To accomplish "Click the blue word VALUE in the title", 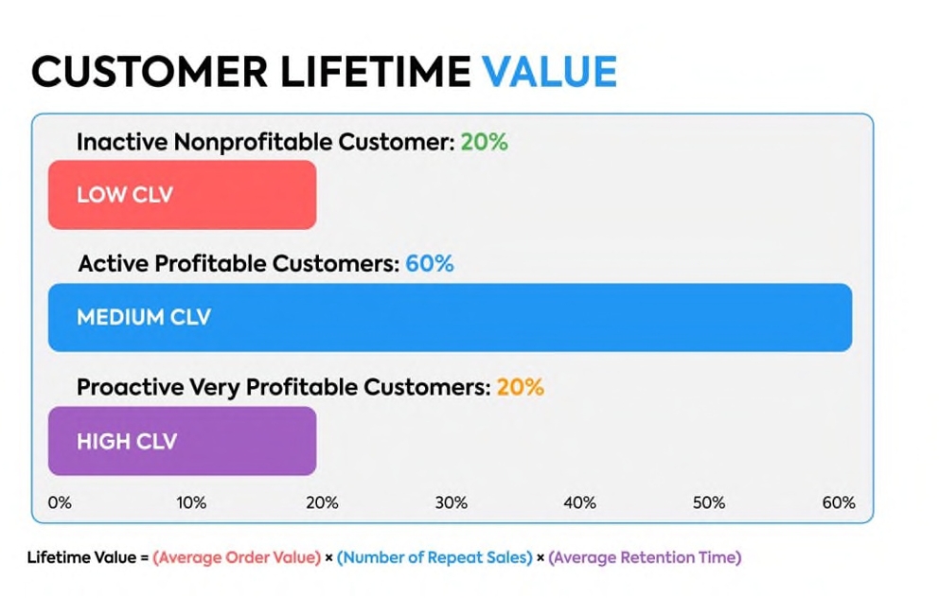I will (549, 72).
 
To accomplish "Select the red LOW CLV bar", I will (182, 195).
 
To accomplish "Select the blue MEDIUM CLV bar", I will (450, 317).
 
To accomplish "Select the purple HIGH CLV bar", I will (182, 441).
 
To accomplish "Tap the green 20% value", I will (484, 142).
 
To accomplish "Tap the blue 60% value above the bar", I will (429, 264).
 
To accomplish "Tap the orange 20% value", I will (520, 387).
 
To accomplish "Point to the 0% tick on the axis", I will (60, 502).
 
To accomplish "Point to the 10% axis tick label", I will (191, 502).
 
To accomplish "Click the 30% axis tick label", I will (451, 502).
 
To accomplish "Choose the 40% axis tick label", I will (579, 502).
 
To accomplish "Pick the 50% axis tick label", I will (709, 502).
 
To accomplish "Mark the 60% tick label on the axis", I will (838, 502).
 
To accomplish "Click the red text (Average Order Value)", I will (237, 557).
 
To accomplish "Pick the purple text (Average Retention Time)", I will (645, 557).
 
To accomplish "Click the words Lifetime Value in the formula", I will (81, 557).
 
